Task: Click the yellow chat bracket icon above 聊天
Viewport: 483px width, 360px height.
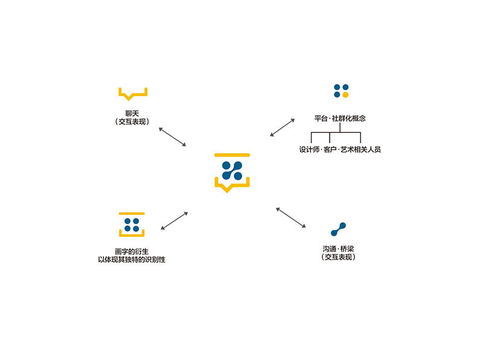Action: (133, 94)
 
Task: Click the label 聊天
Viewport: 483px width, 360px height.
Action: (133, 113)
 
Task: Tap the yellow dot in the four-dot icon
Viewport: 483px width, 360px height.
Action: (345, 95)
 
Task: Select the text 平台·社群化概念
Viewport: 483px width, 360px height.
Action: (340, 118)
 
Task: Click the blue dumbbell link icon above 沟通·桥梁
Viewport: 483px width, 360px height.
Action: (338, 229)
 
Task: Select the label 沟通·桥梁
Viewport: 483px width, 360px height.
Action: (338, 248)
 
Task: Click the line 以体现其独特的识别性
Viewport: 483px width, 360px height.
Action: (132, 259)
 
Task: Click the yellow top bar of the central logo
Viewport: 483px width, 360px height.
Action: (232, 155)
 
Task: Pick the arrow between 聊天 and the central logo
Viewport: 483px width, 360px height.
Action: (172, 137)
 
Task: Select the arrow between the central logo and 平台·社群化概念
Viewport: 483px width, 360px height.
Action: (281, 127)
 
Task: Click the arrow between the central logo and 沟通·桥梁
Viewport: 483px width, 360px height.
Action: (291, 217)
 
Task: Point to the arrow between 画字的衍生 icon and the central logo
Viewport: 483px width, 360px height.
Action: (175, 220)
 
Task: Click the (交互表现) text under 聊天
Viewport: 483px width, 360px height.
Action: (133, 121)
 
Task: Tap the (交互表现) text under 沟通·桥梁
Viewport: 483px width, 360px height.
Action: (338, 257)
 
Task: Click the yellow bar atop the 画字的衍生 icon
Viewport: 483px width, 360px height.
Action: (132, 214)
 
